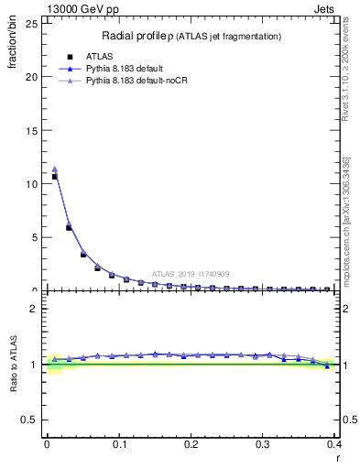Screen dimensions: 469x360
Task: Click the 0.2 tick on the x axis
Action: [x=191, y=446]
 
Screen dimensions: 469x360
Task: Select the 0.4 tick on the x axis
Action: [x=334, y=446]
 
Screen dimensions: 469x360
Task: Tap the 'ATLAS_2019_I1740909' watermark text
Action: [x=191, y=274]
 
